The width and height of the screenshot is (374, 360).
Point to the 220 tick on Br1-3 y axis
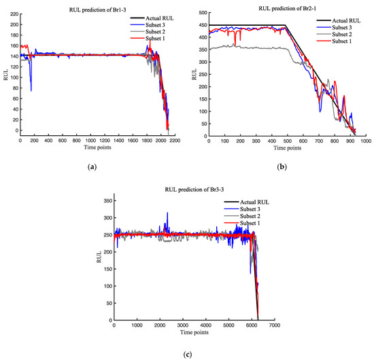(14, 13)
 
